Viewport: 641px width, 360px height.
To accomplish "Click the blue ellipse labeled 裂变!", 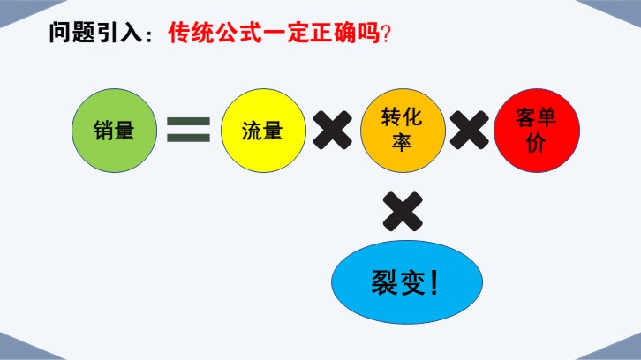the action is [407, 281].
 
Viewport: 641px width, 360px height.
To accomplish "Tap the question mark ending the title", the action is [386, 34].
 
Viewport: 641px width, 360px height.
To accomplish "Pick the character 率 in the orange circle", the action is [402, 143].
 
